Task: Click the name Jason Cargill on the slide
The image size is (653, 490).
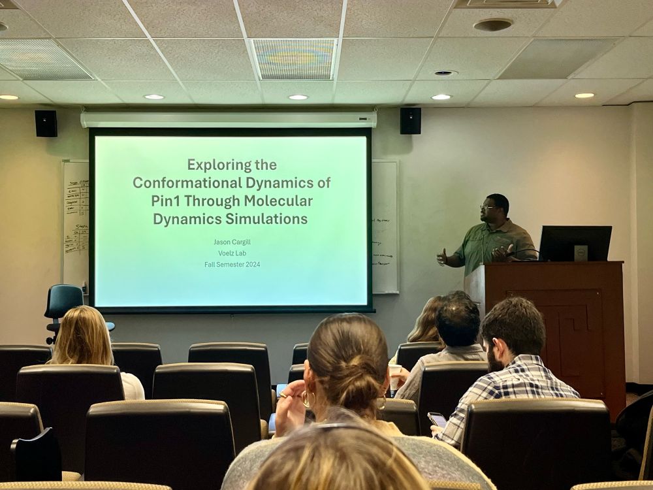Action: click(x=232, y=242)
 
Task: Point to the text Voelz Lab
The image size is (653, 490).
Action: click(x=232, y=253)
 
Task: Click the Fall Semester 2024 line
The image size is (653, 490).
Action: click(x=232, y=264)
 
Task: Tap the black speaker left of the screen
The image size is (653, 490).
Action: click(x=46, y=123)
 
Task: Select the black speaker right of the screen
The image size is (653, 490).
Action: click(x=410, y=121)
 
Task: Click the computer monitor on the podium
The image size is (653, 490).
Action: click(x=575, y=243)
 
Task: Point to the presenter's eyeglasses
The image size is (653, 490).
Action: click(x=487, y=207)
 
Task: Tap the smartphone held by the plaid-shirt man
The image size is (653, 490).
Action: click(x=437, y=419)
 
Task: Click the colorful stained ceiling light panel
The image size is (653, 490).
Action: click(x=293, y=59)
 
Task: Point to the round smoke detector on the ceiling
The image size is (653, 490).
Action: click(x=493, y=25)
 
